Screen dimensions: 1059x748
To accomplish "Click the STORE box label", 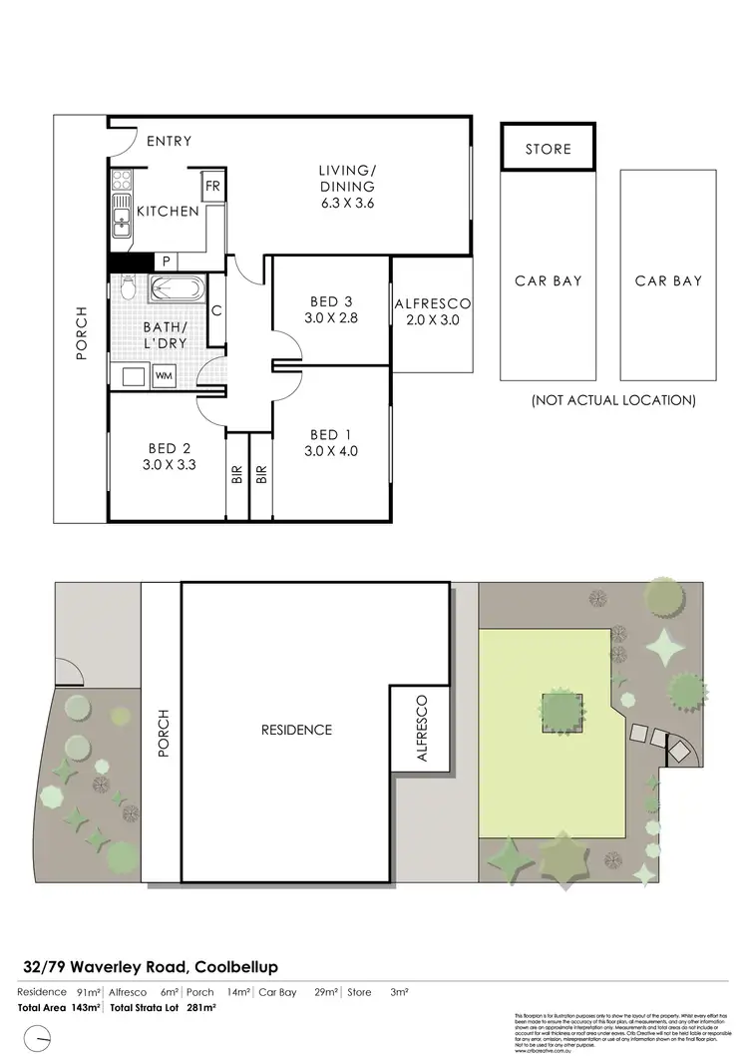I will pos(548,149).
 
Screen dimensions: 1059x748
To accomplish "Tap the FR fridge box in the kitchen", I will pos(212,186).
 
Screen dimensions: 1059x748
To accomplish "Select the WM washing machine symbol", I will pos(163,375).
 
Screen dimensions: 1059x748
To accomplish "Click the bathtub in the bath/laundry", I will pos(176,290).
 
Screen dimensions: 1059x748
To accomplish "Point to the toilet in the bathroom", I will pos(127,289).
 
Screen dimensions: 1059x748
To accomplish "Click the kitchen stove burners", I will pos(121,181).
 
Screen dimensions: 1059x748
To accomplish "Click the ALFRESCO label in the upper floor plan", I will pos(432,303).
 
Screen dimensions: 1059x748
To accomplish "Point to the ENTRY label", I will pos(169,142).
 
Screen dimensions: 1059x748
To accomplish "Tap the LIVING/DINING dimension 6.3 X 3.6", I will pos(346,204).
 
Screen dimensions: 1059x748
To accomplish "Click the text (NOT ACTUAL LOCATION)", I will pos(612,400).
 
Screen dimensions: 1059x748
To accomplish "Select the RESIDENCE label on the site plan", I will pos(296,730).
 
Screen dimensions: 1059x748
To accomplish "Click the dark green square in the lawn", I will pos(561,711).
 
